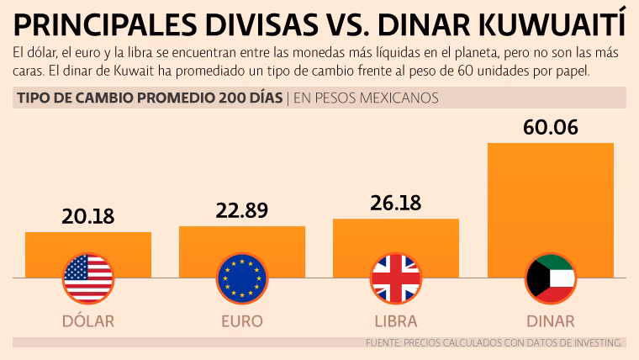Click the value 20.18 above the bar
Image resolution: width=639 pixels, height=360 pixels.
click(88, 216)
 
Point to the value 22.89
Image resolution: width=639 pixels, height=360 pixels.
click(242, 210)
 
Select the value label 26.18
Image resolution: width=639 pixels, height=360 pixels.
click(396, 203)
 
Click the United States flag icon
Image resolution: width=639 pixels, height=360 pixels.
click(88, 278)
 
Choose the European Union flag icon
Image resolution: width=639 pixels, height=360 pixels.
click(242, 278)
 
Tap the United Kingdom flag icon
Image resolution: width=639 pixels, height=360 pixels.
click(396, 278)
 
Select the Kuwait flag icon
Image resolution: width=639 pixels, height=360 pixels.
click(551, 278)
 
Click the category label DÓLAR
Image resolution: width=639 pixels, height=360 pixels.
click(88, 321)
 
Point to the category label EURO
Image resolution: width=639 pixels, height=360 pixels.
click(242, 321)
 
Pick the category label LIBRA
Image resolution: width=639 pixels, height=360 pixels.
click(396, 321)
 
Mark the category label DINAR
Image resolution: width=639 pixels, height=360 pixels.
click(551, 321)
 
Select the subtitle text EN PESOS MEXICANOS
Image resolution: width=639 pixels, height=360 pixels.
click(366, 98)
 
